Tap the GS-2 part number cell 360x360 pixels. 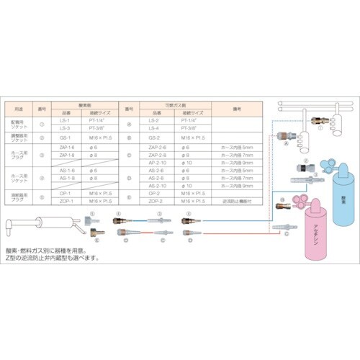153,135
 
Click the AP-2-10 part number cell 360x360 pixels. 153,163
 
